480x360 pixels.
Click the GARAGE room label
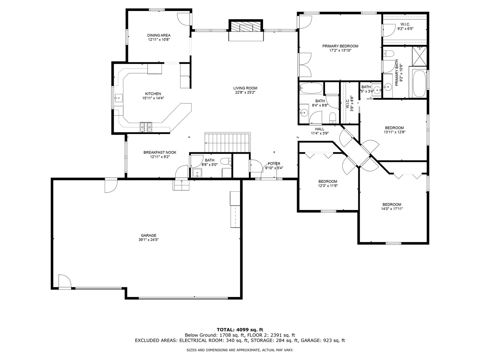[148, 235]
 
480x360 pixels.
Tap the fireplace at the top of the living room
[246, 28]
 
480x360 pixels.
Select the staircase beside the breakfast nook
[228, 142]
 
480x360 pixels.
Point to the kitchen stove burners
[146, 127]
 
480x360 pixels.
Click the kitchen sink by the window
[119, 98]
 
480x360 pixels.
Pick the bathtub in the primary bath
[419, 83]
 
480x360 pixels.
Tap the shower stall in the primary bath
[419, 56]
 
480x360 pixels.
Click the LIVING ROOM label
[245, 88]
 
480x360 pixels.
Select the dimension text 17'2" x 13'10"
[340, 50]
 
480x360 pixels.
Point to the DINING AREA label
[159, 35]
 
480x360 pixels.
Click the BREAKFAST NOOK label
[160, 152]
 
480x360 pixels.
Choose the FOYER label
[274, 164]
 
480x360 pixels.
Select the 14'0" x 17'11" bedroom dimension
[392, 209]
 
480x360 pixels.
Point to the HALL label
[320, 129]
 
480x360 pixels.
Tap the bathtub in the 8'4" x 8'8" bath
[311, 88]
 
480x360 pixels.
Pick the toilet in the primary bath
[389, 54]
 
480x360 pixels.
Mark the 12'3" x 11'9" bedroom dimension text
[328, 186]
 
